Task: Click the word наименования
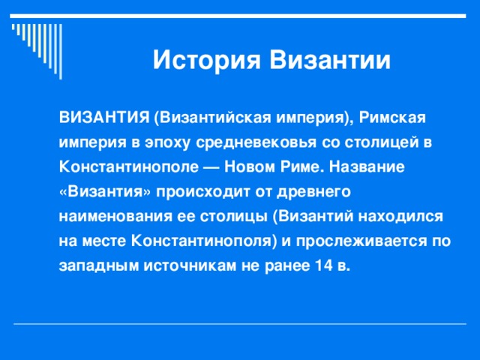click(x=108, y=217)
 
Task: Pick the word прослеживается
click(x=363, y=241)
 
